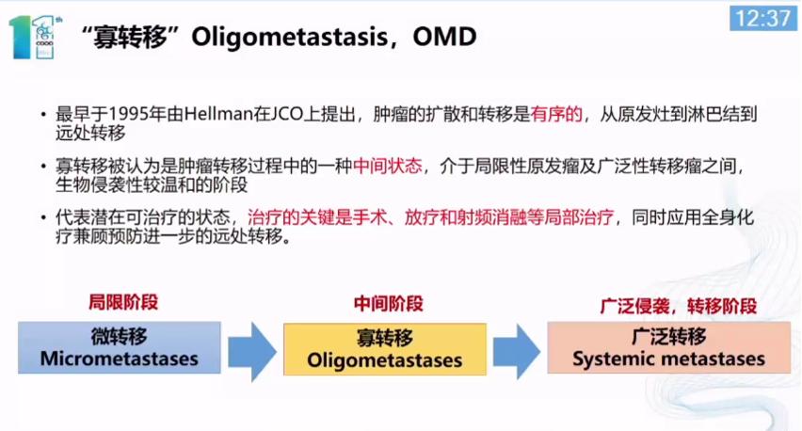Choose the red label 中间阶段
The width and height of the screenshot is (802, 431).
[x=388, y=304]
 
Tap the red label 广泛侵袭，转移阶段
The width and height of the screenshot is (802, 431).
[x=679, y=307]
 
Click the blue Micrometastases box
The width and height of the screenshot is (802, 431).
[x=120, y=347]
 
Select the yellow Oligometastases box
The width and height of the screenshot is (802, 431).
[x=385, y=349]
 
